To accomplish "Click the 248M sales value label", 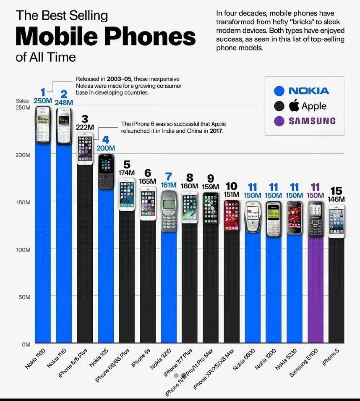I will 64,102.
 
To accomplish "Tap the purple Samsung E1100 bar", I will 316,294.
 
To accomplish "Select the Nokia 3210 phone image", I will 169,211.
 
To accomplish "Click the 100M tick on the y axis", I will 24,249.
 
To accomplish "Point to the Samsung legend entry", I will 311,121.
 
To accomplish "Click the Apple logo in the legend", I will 294,105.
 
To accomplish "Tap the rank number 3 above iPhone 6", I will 84,119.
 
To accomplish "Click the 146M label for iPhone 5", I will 336,199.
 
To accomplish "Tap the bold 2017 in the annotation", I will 216,131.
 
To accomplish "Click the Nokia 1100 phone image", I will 43,125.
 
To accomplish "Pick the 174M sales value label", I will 126,172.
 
